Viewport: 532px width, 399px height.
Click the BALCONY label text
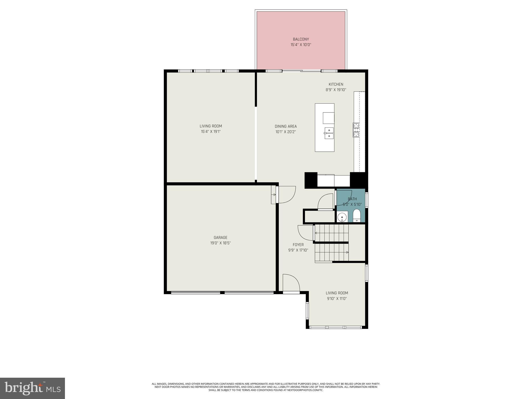[x=301, y=39]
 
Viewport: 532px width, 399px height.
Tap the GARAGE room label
[x=220, y=237]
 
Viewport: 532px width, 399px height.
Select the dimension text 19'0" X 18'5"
[x=220, y=243]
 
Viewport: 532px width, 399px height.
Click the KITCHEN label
[x=336, y=84]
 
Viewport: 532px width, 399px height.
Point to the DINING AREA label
[x=285, y=127]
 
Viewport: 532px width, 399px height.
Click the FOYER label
[x=298, y=245]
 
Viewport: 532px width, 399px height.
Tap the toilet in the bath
[x=357, y=216]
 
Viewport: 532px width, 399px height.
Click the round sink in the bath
[x=342, y=216]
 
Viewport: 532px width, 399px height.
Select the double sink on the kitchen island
[x=329, y=133]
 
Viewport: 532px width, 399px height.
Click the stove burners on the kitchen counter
[x=356, y=130]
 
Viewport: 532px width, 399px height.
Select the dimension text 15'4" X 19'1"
[x=211, y=132]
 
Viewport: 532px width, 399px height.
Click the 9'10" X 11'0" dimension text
[x=337, y=299]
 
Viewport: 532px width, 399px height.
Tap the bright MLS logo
[x=32, y=388]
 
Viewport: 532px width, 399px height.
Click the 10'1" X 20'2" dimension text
[x=285, y=132]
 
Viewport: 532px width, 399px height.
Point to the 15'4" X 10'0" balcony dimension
[x=301, y=45]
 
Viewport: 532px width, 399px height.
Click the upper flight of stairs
[x=331, y=233]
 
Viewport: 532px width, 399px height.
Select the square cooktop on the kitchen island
[x=328, y=118]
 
